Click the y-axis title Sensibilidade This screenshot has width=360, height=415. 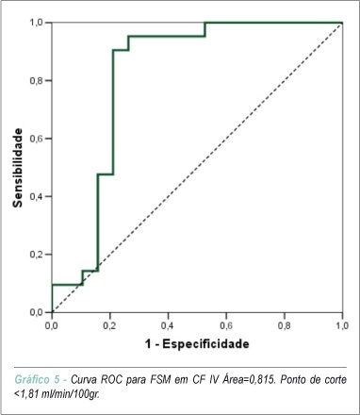pyautogui.click(x=18, y=168)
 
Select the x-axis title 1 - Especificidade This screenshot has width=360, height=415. pyautogui.click(x=197, y=343)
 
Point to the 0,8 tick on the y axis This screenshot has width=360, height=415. pyautogui.click(x=37, y=80)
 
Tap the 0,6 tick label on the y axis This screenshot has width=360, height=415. pyautogui.click(x=37, y=139)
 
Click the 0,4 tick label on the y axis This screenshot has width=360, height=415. pyautogui.click(x=37, y=196)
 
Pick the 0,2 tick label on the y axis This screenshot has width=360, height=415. pyautogui.click(x=37, y=255)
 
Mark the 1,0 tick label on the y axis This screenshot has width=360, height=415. pyautogui.click(x=37, y=23)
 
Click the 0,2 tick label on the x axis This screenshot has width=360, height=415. pyautogui.click(x=109, y=325)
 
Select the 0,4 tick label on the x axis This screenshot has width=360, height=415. pyautogui.click(x=168, y=325)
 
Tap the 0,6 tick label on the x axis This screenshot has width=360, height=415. pyautogui.click(x=225, y=325)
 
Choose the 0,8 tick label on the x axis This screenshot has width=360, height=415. pyautogui.click(x=284, y=325)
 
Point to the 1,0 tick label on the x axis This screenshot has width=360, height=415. pyautogui.click(x=342, y=325)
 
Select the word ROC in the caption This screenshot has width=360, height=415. pyautogui.click(x=111, y=379)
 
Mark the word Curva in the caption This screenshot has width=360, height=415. pyautogui.click(x=83, y=379)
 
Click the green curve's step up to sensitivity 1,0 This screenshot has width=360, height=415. pyautogui.click(x=205, y=29)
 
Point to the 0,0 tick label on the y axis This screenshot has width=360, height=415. pyautogui.click(x=37, y=312)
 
